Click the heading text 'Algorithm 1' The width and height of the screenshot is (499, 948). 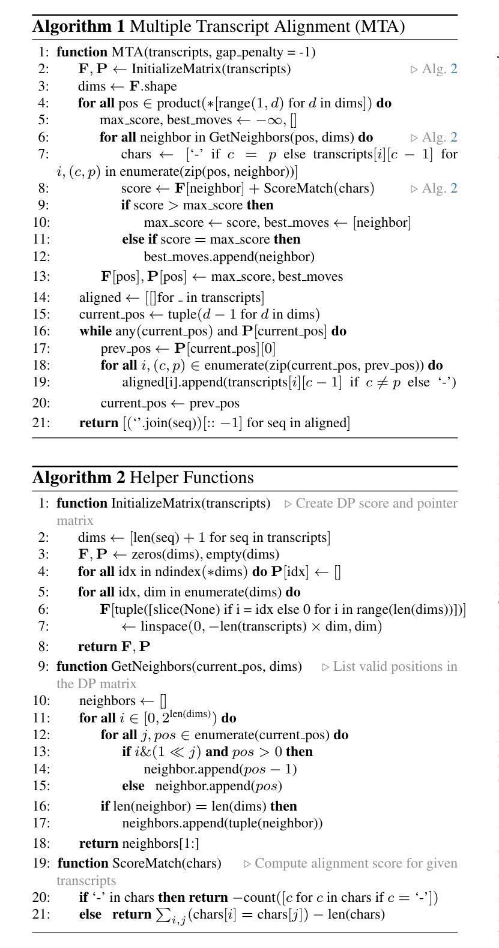79,27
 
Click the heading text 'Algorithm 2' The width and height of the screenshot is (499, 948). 79,478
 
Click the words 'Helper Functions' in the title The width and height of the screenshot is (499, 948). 192,478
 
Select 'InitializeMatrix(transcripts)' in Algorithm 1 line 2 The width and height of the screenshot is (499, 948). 211,69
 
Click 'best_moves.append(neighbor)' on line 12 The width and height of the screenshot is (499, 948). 229,257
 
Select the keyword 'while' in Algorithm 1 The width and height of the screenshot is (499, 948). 95,331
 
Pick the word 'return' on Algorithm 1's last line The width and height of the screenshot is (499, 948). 98,423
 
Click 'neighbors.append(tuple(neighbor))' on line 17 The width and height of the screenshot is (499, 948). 222,823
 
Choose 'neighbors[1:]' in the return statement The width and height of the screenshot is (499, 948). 155,844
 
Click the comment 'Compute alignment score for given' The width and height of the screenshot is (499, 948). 356,863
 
